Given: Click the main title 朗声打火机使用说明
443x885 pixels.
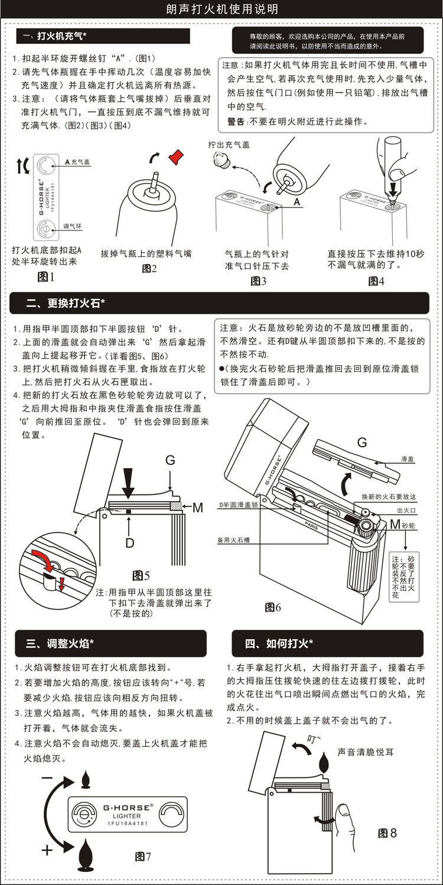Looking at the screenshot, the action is click(221, 10).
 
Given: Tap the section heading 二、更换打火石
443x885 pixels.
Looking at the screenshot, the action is click(66, 303).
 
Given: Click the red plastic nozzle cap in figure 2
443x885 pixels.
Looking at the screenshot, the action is click(176, 157).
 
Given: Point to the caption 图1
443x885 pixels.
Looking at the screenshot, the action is click(45, 276).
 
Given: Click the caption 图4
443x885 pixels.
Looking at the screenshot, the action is click(376, 281).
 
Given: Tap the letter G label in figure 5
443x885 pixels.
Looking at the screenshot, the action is click(170, 460).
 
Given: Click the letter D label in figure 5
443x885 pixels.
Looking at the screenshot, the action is click(129, 542).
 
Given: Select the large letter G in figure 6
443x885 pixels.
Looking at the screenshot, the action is click(362, 441).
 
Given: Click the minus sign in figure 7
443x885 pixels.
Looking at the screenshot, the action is click(48, 779).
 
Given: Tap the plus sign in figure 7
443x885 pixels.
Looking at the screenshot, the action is click(48, 851).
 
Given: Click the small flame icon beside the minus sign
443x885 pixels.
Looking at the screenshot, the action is click(84, 779).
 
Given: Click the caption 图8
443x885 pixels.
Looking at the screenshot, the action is click(387, 832).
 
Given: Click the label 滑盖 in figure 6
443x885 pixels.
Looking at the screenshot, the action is click(407, 458).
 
